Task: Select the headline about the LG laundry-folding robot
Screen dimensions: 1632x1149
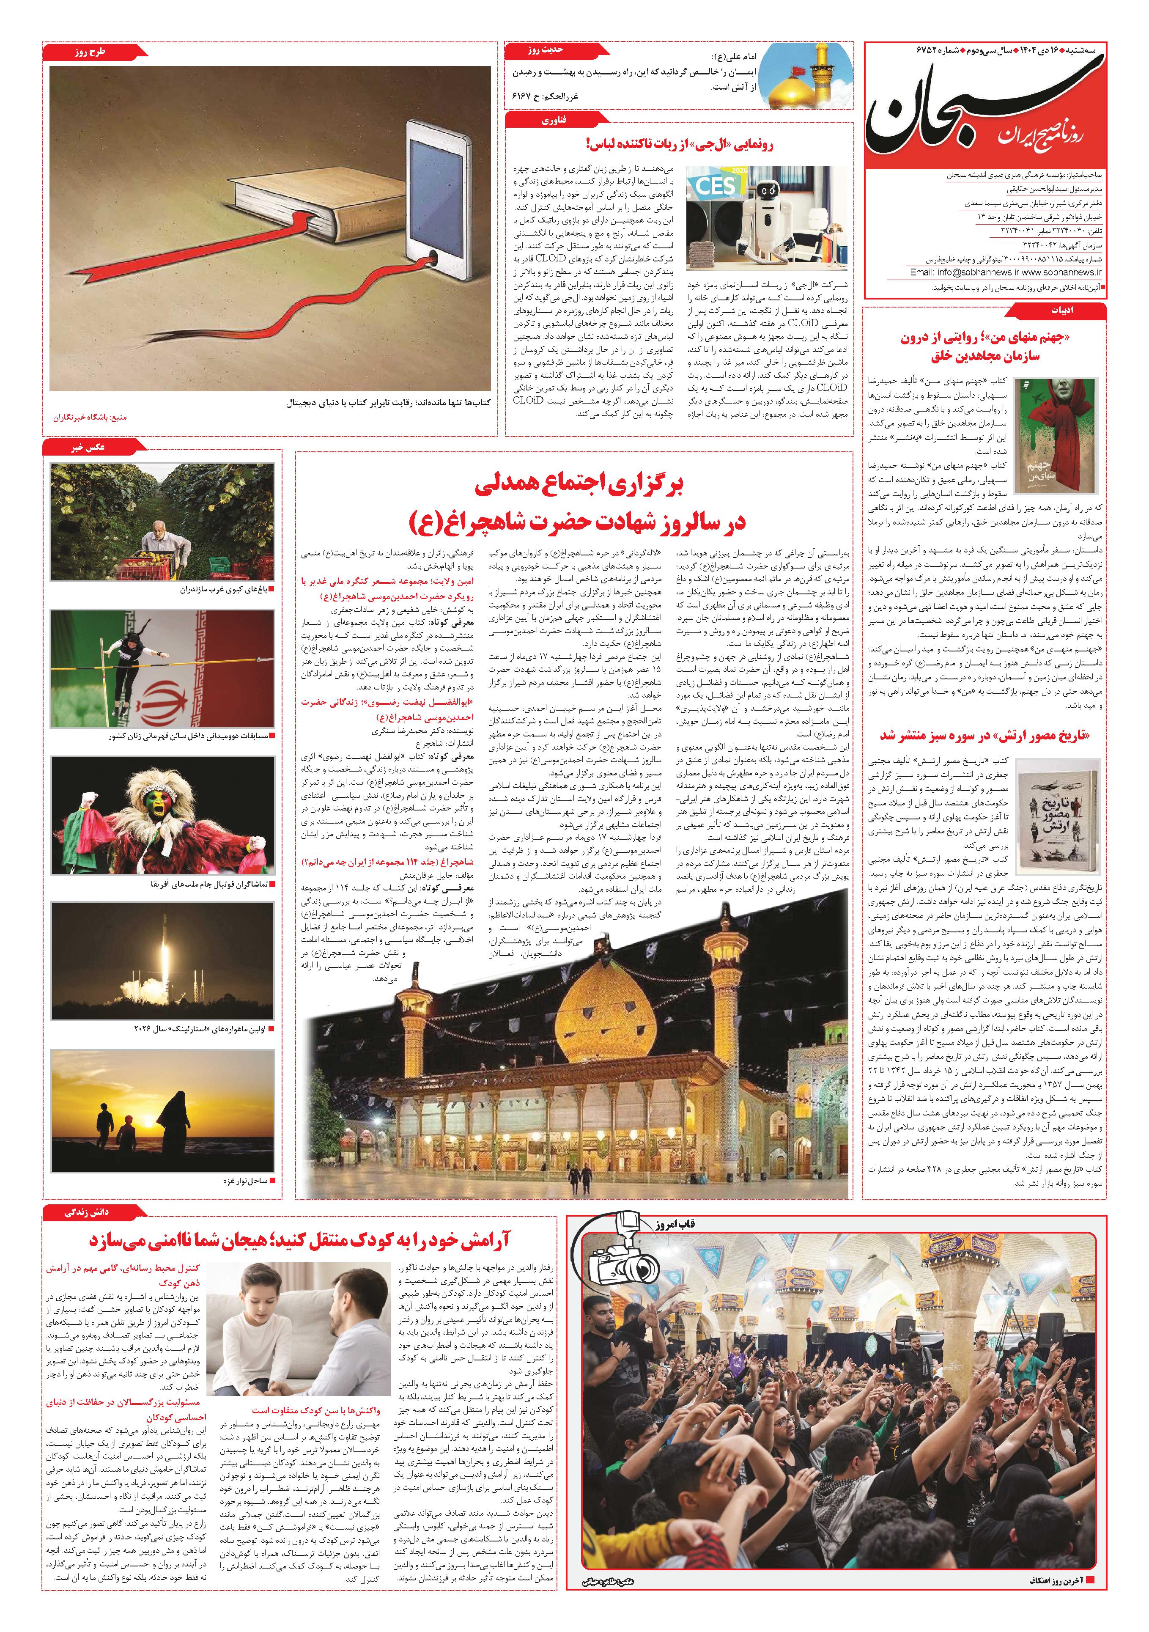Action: (x=679, y=144)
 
